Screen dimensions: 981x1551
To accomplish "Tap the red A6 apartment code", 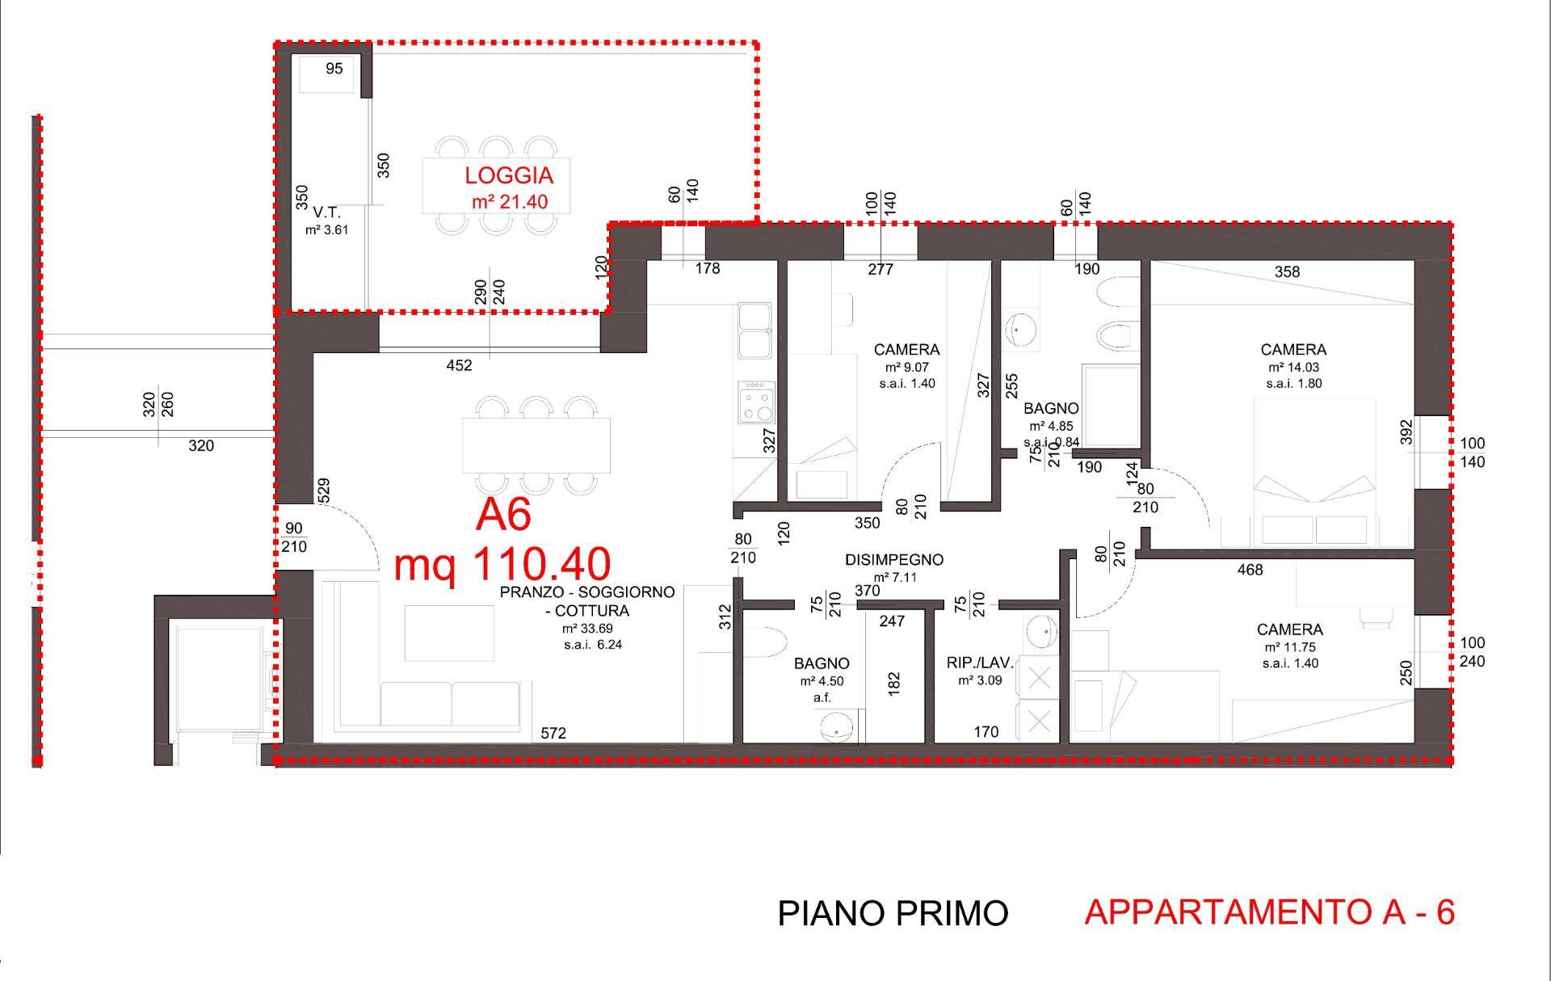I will [x=503, y=516].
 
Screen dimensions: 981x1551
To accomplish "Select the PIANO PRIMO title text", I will [x=893, y=913].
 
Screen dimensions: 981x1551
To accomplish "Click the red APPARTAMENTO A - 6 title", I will [x=1269, y=912].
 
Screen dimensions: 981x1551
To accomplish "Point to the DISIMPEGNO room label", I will [x=894, y=559].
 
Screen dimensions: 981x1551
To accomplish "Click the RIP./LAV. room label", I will [x=980, y=663].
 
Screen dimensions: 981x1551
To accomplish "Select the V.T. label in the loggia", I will [x=326, y=213].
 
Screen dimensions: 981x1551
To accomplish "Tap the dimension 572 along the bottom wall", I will [x=553, y=733].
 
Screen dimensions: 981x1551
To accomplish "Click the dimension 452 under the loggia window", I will [x=459, y=365].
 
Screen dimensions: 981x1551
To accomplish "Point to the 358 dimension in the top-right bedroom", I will [x=1287, y=272].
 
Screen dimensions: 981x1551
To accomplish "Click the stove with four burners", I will [x=757, y=402].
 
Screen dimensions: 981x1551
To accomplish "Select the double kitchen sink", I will [x=754, y=331].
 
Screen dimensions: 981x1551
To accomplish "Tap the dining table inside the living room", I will [x=536, y=444].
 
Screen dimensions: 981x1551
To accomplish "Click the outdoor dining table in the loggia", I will [x=495, y=185].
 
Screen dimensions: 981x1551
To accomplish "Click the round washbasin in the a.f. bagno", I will [x=837, y=730].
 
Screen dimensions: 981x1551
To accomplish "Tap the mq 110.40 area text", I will [x=502, y=564].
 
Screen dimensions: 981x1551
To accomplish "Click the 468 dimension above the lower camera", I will [x=1250, y=570].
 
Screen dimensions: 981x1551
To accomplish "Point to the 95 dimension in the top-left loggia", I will [x=334, y=69].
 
